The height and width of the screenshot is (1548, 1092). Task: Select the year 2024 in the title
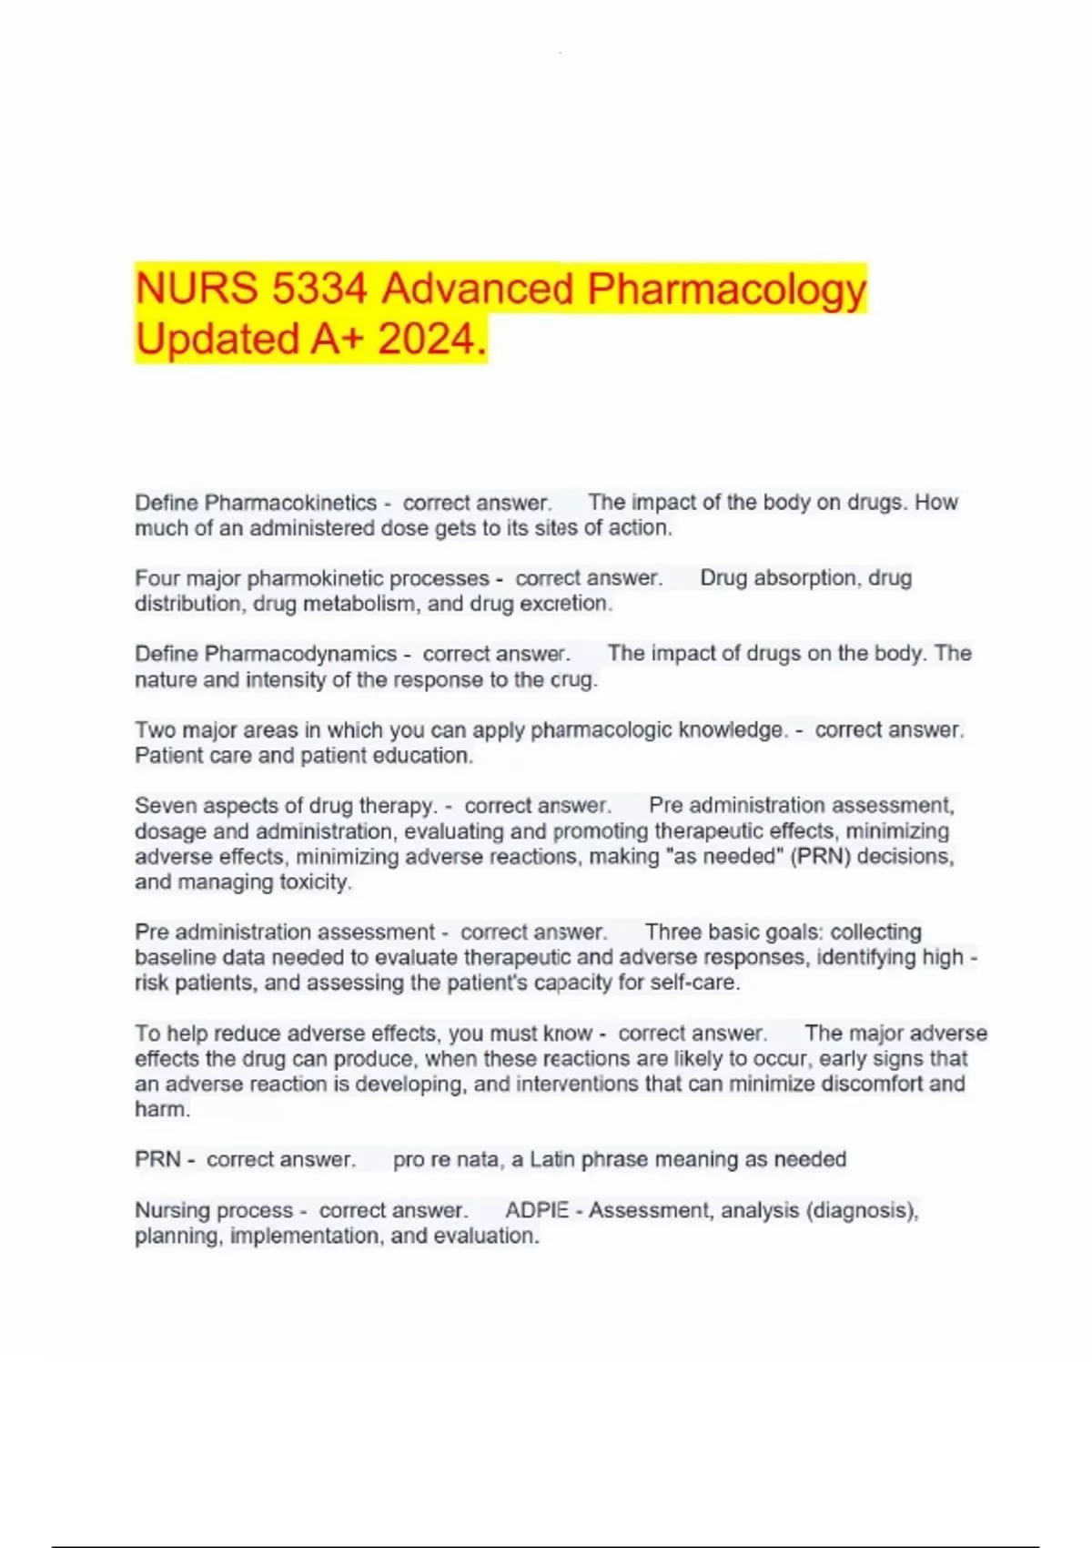(x=426, y=340)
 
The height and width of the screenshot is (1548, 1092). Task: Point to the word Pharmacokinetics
(x=290, y=503)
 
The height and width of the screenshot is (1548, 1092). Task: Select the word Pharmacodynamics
(x=300, y=654)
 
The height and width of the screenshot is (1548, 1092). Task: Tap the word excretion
(x=565, y=603)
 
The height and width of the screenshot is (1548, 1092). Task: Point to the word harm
(x=162, y=1109)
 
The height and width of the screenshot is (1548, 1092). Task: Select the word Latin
(x=552, y=1159)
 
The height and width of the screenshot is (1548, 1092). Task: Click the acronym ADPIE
(x=537, y=1210)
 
